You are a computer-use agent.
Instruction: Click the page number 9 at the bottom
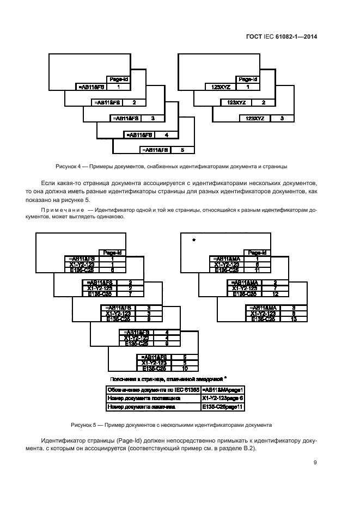315,463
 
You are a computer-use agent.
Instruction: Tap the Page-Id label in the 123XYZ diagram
248,79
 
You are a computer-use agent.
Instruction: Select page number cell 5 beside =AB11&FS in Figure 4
182,149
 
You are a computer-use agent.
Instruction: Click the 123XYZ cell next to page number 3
255,118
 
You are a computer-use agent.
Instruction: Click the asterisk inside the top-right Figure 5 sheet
193,239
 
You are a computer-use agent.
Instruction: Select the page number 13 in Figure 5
294,319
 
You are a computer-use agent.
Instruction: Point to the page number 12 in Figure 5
276,294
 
